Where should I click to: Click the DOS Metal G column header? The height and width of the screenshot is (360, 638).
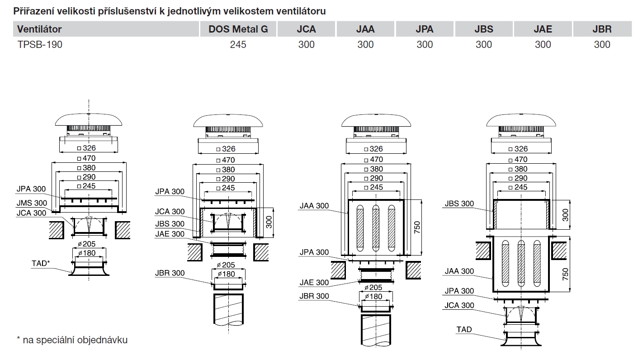pos(238,29)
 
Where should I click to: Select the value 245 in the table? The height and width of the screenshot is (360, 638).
pos(238,44)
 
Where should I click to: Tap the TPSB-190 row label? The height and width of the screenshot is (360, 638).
pos(40,44)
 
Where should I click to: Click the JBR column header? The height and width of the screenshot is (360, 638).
pos(602,29)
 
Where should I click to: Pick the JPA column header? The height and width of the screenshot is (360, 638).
pos(425,29)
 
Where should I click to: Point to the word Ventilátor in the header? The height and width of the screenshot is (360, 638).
pos(39,29)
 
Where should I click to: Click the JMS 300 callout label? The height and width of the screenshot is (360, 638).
pos(32,203)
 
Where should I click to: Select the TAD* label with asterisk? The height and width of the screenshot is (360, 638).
pos(40,263)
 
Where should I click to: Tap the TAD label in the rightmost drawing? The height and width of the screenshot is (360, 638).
pos(464,329)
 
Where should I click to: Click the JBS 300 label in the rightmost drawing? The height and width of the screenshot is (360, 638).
pos(459,204)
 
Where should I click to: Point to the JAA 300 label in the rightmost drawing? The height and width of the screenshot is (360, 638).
pos(459,271)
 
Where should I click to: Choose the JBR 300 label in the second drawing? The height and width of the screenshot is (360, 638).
pos(170,273)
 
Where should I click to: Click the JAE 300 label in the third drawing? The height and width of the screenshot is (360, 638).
pos(314,283)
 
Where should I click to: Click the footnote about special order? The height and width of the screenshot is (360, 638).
pos(72,340)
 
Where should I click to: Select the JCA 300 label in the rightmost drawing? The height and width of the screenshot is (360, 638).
pos(459,305)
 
